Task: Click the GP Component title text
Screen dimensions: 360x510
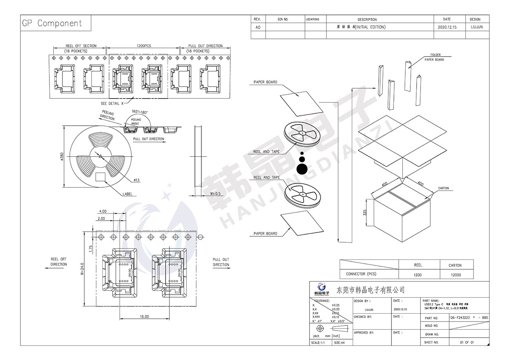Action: click(52, 23)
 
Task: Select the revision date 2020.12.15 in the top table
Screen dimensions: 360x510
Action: click(446, 27)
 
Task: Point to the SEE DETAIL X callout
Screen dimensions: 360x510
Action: click(112, 104)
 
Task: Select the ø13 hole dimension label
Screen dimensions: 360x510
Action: click(137, 180)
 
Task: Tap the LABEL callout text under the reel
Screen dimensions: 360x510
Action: click(127, 194)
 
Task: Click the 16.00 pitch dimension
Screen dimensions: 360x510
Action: click(144, 316)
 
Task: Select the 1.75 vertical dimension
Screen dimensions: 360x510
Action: click(91, 248)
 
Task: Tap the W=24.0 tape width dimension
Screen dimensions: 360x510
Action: click(82, 269)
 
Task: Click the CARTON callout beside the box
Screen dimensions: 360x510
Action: click(443, 188)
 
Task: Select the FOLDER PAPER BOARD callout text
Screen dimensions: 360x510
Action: click(435, 57)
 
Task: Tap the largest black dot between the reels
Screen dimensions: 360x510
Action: click(302, 169)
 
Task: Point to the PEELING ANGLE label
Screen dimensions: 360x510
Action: click(136, 121)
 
